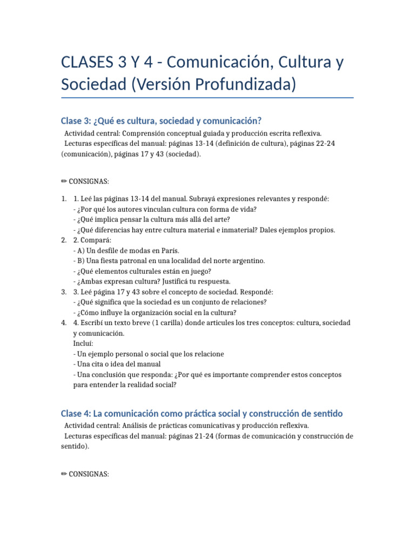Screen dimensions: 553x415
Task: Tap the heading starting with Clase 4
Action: [202, 414]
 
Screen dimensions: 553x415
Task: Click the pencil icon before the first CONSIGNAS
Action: [64, 181]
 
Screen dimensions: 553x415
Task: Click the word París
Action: [168, 251]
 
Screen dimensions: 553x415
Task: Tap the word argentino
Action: [247, 261]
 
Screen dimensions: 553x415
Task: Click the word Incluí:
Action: [83, 343]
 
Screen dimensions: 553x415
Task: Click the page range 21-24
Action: [202, 436]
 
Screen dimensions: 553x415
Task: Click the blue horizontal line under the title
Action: [207, 98]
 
